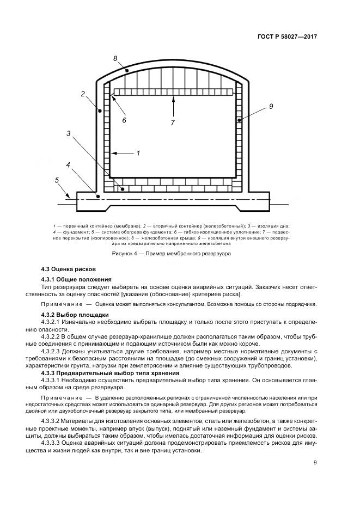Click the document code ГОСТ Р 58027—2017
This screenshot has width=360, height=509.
click(x=287, y=36)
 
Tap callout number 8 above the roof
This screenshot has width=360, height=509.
click(x=115, y=58)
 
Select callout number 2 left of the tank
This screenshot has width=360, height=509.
click(x=83, y=94)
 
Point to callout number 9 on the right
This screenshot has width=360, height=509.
click(x=271, y=107)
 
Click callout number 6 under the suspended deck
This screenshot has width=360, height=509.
click(x=124, y=120)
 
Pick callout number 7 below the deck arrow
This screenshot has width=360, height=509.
click(x=173, y=123)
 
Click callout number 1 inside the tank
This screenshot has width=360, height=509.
click(x=138, y=154)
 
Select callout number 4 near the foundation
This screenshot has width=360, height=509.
click(x=68, y=164)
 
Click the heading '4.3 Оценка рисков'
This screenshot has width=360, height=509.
click(x=69, y=269)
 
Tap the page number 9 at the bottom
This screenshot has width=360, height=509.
click(x=315, y=463)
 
